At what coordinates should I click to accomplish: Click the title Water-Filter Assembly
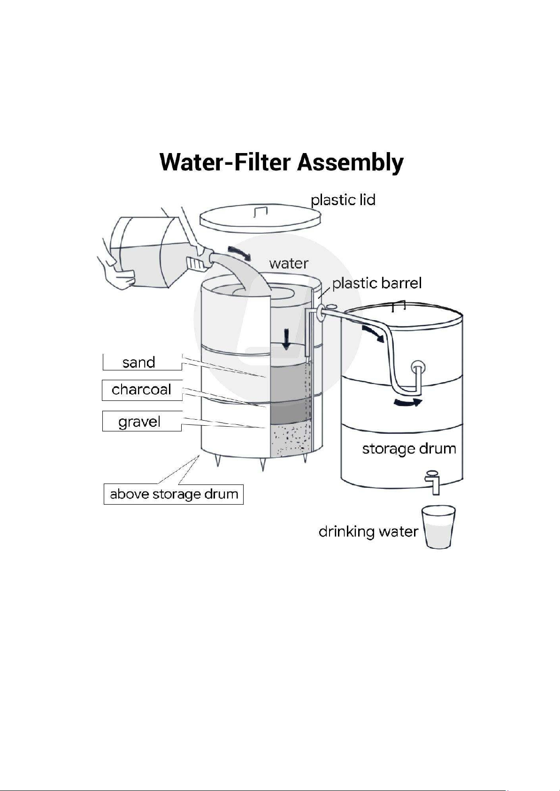pos(281,162)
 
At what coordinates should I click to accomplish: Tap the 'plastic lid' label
pos(343,200)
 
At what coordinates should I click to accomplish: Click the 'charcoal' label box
pos(142,390)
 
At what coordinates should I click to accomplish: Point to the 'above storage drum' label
pos(174,494)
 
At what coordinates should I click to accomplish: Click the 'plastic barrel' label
pos(377,283)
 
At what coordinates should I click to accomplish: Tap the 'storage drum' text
pos(409,449)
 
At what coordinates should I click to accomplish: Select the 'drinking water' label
pos(368,531)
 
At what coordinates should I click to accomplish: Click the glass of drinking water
pos(438,527)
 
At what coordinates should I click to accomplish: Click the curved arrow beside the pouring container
pos(239,253)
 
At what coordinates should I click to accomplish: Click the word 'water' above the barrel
pos(289,263)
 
